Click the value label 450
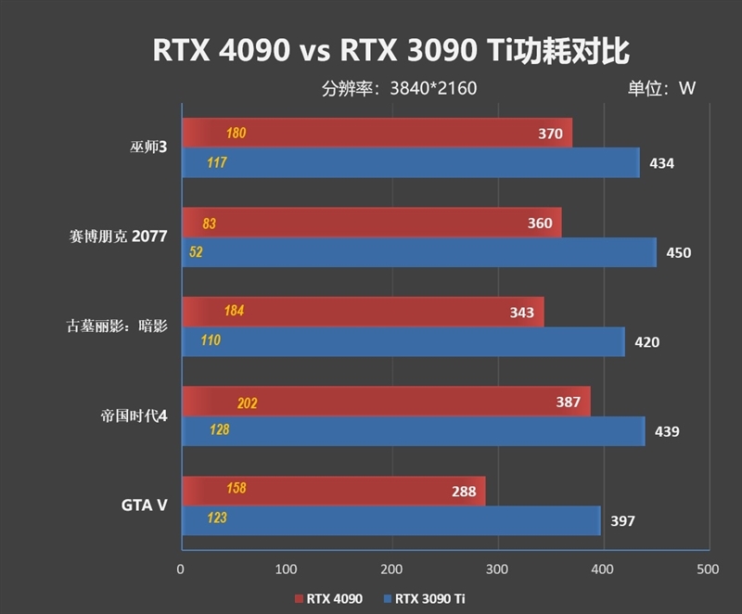[679, 252]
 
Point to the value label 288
[464, 492]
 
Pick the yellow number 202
[247, 403]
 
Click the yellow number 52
[196, 251]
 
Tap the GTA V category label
[144, 505]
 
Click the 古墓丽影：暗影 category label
[116, 326]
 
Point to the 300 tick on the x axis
[497, 569]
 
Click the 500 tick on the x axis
[708, 569]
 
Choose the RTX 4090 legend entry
[328, 598]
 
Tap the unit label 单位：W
[661, 89]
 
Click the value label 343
[522, 313]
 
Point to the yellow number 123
[216, 518]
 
